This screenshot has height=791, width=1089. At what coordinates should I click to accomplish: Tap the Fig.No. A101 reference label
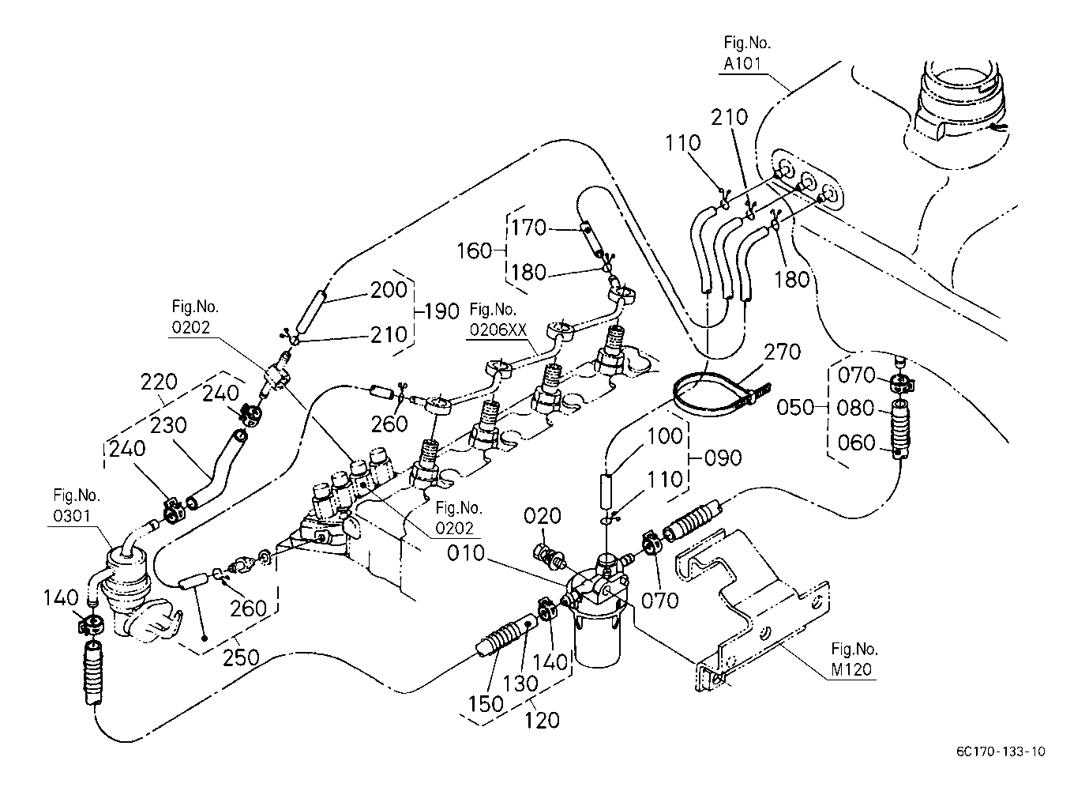(x=746, y=54)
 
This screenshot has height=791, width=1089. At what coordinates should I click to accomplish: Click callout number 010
(x=466, y=552)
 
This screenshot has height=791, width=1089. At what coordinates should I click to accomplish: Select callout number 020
(x=543, y=517)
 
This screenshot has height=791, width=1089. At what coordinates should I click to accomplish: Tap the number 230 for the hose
(x=167, y=425)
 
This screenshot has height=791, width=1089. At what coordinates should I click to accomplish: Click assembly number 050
(x=794, y=408)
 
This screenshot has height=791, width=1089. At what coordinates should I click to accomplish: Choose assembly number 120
(x=543, y=719)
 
